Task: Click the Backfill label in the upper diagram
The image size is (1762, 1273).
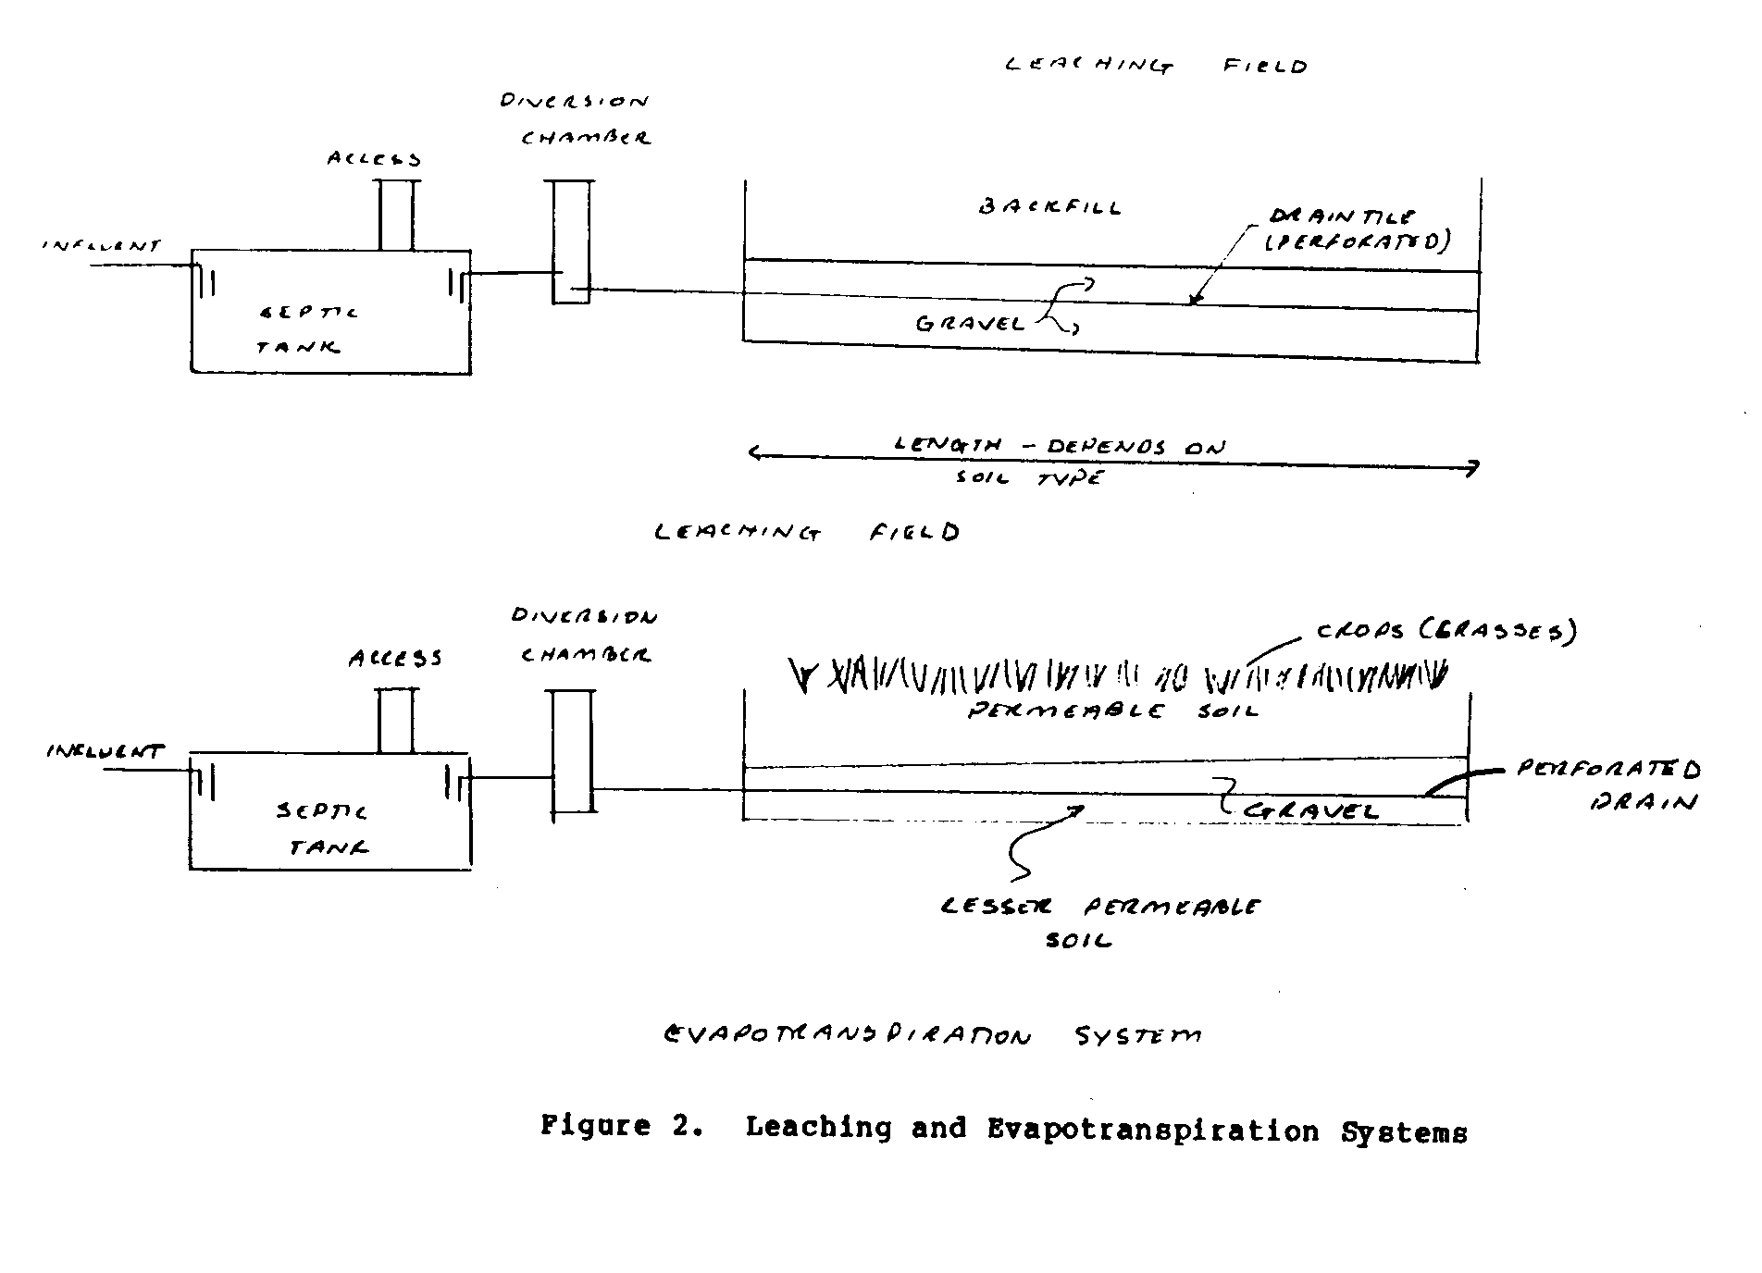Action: click(1049, 207)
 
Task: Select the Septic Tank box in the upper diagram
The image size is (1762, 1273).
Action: click(330, 311)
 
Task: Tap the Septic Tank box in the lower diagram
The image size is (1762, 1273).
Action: click(330, 811)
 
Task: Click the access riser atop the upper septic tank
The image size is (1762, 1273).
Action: click(398, 215)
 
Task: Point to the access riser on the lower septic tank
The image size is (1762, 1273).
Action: click(396, 721)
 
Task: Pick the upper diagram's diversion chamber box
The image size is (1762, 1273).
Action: click(572, 241)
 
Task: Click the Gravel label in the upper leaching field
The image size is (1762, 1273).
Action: click(971, 324)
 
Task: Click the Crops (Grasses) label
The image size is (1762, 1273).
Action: click(1446, 632)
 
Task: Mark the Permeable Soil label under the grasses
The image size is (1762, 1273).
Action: click(1113, 711)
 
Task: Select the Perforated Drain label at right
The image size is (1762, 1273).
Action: click(1608, 785)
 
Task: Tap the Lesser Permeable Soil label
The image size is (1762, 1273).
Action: click(1099, 921)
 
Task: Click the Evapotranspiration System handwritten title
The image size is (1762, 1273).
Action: click(933, 1035)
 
